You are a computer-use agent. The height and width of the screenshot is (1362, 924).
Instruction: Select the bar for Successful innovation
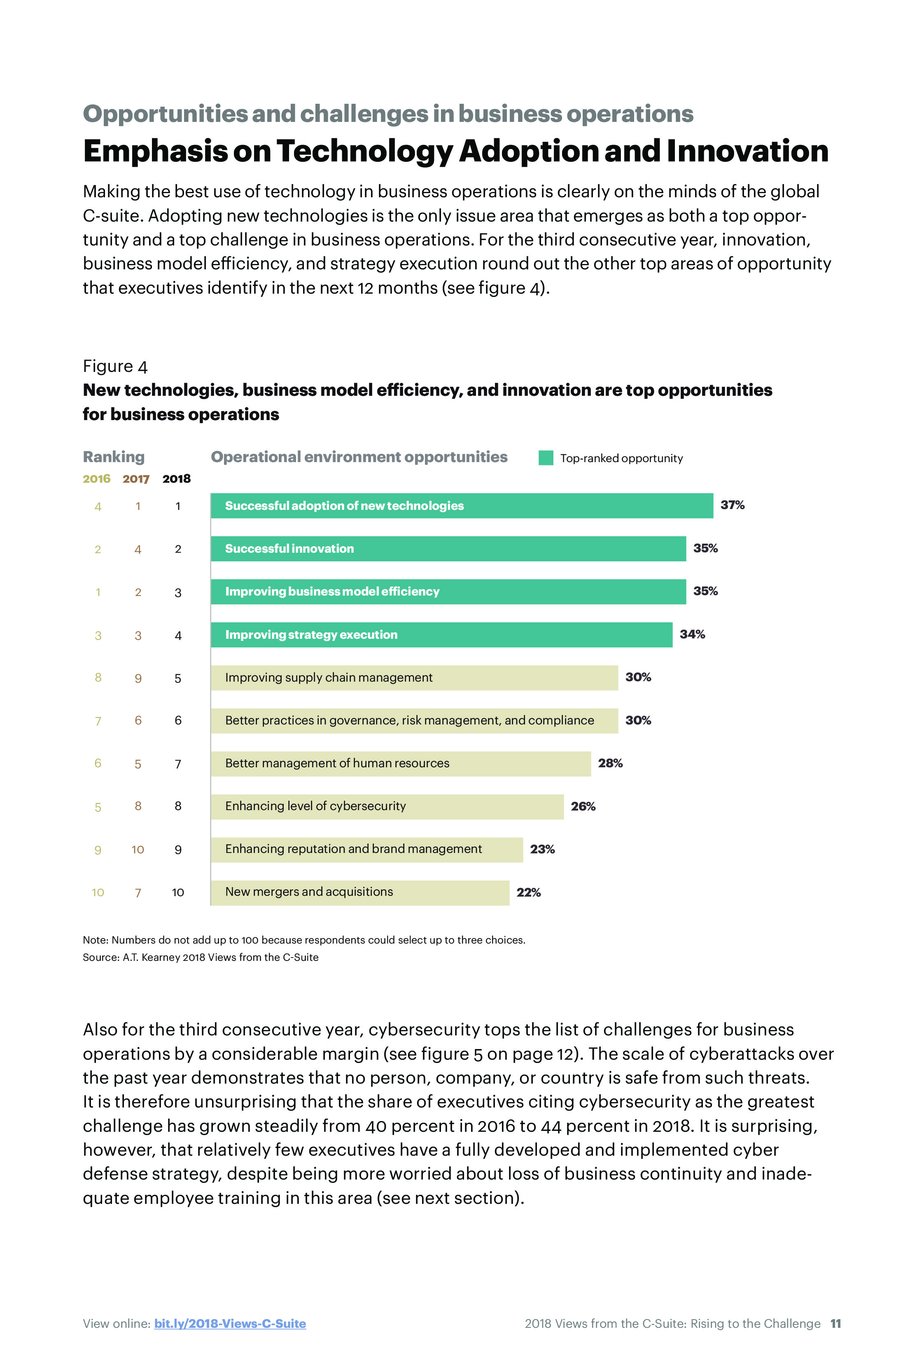pyautogui.click(x=448, y=549)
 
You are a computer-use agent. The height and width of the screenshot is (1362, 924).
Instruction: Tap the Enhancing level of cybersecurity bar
pyautogui.click(x=387, y=806)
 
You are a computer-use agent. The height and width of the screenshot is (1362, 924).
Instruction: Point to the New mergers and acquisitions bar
pyautogui.click(x=360, y=892)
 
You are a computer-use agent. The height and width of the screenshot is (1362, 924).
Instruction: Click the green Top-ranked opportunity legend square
pyautogui.click(x=546, y=458)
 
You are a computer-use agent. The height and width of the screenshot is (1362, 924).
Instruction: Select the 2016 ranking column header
pyautogui.click(x=97, y=479)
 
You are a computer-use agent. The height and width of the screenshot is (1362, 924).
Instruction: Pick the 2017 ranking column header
pyautogui.click(x=136, y=479)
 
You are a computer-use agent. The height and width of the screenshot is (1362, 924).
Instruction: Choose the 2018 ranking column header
pyautogui.click(x=176, y=479)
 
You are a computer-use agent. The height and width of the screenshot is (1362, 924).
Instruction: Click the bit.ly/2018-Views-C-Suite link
pyautogui.click(x=230, y=1323)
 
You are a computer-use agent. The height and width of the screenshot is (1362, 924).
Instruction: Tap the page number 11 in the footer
pyautogui.click(x=835, y=1323)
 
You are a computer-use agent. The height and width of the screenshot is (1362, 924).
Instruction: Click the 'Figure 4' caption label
pyautogui.click(x=115, y=366)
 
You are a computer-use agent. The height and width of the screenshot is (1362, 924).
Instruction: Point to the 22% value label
pyautogui.click(x=528, y=892)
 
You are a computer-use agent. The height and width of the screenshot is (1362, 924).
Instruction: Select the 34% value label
pyautogui.click(x=692, y=634)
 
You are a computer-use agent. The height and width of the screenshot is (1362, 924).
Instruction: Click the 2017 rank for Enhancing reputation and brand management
pyautogui.click(x=138, y=849)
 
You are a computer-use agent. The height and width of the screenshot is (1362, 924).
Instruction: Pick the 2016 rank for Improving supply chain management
pyautogui.click(x=98, y=677)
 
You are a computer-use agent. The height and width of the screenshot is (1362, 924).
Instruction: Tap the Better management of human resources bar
pyautogui.click(x=401, y=764)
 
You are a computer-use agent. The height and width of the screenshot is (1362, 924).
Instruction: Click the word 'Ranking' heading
pyautogui.click(x=114, y=456)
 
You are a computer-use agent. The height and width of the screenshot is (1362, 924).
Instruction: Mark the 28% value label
pyautogui.click(x=610, y=763)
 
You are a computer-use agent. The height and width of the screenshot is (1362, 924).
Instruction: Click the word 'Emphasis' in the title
pyautogui.click(x=155, y=151)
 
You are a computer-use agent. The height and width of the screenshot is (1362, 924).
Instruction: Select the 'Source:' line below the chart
pyautogui.click(x=201, y=957)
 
